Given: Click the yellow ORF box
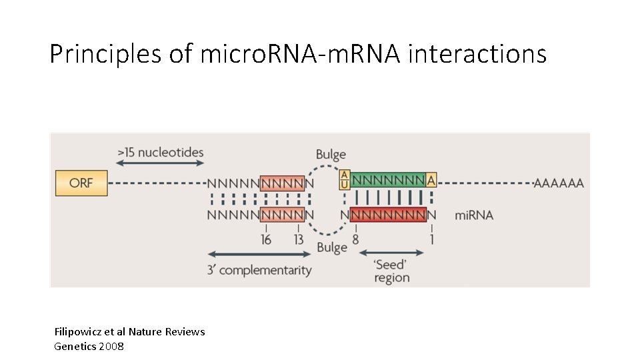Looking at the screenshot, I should pyautogui.click(x=81, y=182).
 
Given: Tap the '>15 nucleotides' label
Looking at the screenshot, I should pyautogui.click(x=160, y=153).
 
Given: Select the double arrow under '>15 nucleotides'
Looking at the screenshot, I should pyautogui.click(x=160, y=165).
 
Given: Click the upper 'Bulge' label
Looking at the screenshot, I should pyautogui.click(x=331, y=155).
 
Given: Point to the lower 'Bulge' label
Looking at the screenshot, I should pyautogui.click(x=332, y=248).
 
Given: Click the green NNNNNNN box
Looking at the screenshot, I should pyautogui.click(x=387, y=180).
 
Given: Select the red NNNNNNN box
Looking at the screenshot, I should pyautogui.click(x=387, y=215).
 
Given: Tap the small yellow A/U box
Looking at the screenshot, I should pyautogui.click(x=345, y=180).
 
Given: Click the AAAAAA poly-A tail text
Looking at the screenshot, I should pyautogui.click(x=558, y=183).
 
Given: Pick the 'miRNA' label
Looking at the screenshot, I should pyautogui.click(x=474, y=215).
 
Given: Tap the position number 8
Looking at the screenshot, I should pyautogui.click(x=355, y=239).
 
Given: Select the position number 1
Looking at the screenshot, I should pyautogui.click(x=431, y=239).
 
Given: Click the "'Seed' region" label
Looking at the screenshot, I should pyautogui.click(x=391, y=271).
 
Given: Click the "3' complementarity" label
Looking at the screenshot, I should pyautogui.click(x=259, y=270).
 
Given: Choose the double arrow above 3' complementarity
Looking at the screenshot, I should pyautogui.click(x=259, y=254).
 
